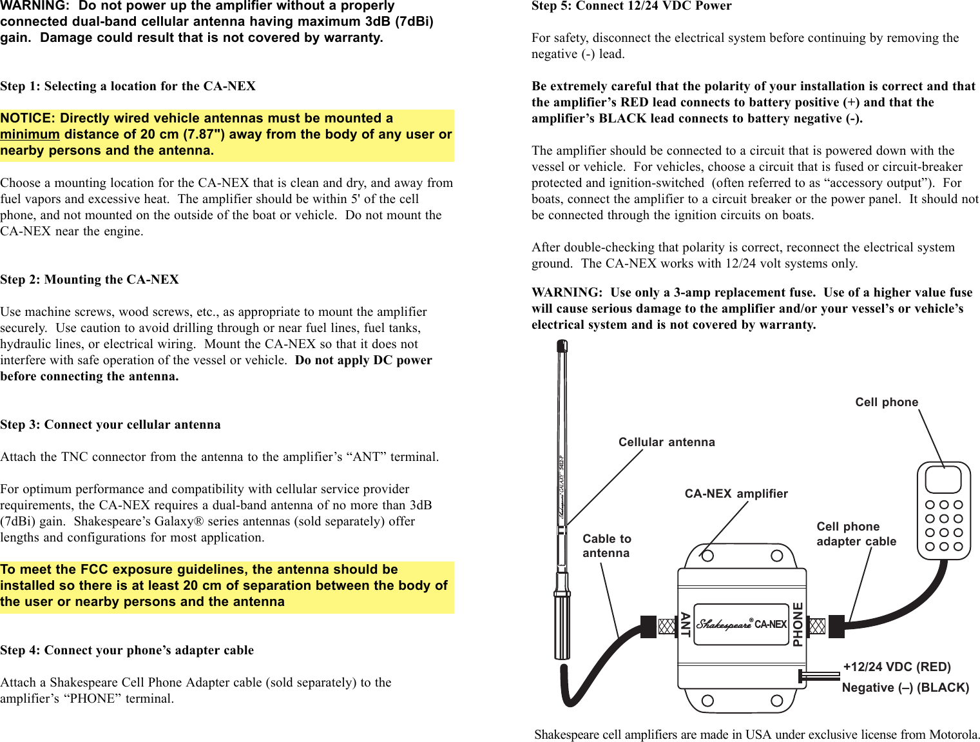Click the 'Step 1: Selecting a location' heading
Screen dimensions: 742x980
[128, 86]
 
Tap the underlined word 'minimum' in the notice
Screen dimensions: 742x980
[30, 135]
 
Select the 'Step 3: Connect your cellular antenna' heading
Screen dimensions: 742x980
[110, 425]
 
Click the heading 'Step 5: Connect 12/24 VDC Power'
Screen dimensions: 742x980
[631, 6]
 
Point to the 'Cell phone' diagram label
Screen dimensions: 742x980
[887, 402]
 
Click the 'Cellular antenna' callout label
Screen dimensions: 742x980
[666, 442]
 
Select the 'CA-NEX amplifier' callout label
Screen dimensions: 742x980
[736, 494]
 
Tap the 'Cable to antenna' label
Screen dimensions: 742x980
[606, 546]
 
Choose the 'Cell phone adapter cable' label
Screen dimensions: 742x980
[856, 534]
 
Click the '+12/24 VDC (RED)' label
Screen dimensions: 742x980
[897, 667]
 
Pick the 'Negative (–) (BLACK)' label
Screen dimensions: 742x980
[905, 688]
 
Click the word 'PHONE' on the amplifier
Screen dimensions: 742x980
[798, 624]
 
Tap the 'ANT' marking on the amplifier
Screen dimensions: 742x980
[685, 625]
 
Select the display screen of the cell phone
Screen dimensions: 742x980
[943, 480]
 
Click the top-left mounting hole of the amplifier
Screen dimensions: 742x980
[707, 556]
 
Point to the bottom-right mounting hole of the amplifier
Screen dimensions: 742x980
[777, 701]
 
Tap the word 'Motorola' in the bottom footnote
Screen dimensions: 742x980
[952, 735]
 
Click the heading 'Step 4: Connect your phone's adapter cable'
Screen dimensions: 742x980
[127, 650]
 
